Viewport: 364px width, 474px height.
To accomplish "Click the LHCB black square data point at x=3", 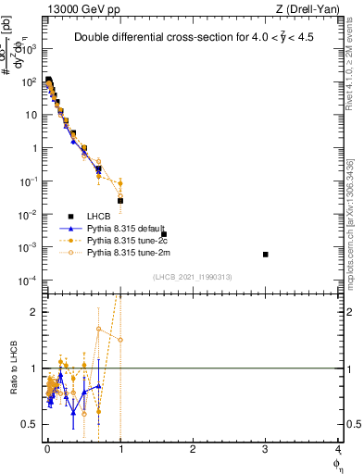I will pyautogui.click(x=266, y=255).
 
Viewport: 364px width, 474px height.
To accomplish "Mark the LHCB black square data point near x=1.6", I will pyautogui.click(x=164, y=234).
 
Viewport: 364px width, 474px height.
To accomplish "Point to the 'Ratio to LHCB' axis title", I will pyautogui.click(x=12, y=368).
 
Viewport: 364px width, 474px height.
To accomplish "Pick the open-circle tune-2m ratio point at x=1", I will pyautogui.click(x=120, y=340).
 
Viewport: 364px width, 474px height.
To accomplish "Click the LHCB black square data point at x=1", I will pyautogui.click(x=120, y=200).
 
